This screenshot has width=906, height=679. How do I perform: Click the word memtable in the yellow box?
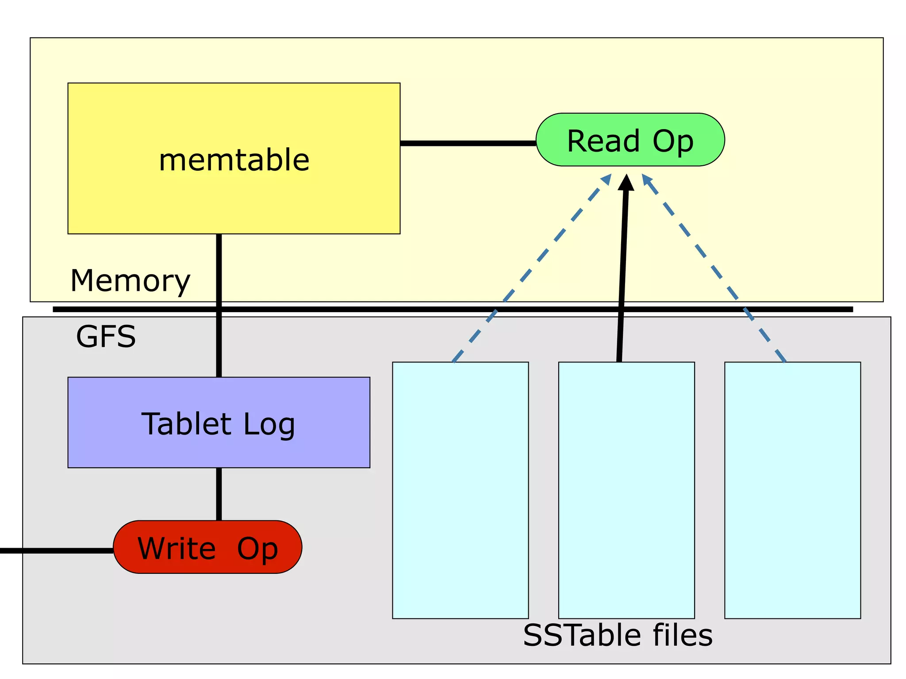click(234, 160)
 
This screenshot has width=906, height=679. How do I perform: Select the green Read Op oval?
click(630, 140)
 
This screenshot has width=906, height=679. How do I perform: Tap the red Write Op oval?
click(207, 547)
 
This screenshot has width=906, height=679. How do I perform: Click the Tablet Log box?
click(219, 423)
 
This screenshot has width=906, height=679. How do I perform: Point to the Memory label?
click(130, 281)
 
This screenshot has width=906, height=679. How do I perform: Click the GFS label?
click(106, 337)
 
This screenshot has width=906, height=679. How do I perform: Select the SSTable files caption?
click(618, 635)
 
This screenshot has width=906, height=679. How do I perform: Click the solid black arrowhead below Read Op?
click(626, 183)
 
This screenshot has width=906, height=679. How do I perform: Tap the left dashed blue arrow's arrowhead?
click(607, 179)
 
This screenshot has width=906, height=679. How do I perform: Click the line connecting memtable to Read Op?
click(468, 143)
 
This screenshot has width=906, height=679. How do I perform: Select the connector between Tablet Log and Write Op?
click(219, 494)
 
